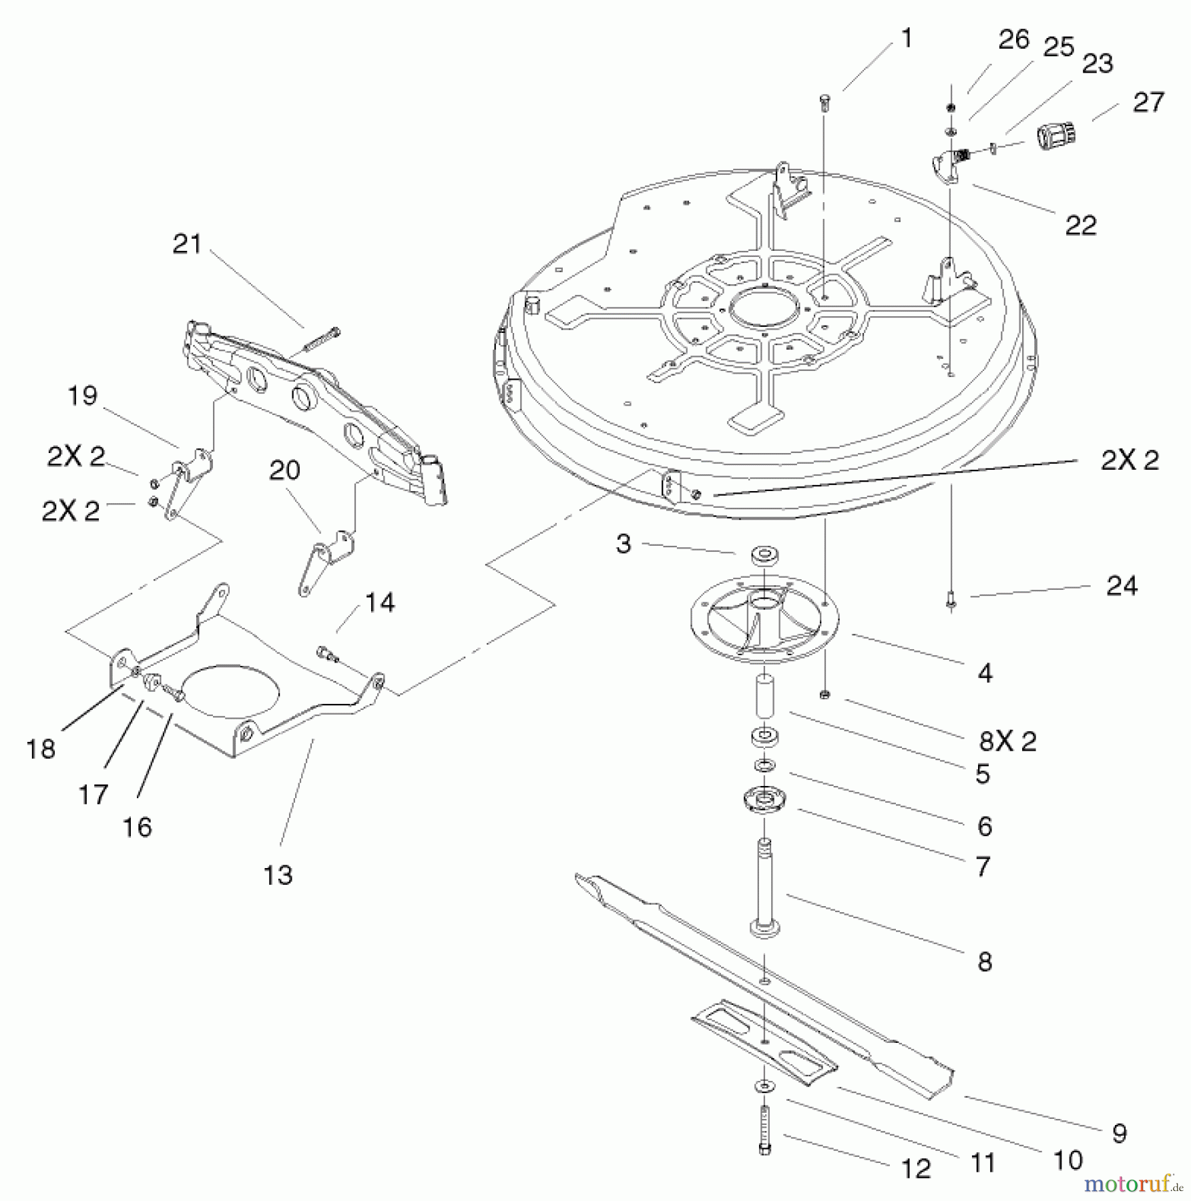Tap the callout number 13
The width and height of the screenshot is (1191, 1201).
click(278, 875)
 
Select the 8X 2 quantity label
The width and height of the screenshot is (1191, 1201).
click(1007, 741)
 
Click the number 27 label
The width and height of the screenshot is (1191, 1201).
click(1148, 102)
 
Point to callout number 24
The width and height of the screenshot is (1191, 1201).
click(1121, 585)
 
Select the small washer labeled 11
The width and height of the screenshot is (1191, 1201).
click(762, 1087)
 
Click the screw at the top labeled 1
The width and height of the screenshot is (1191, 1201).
click(825, 101)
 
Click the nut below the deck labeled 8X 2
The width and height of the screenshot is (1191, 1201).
click(824, 695)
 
